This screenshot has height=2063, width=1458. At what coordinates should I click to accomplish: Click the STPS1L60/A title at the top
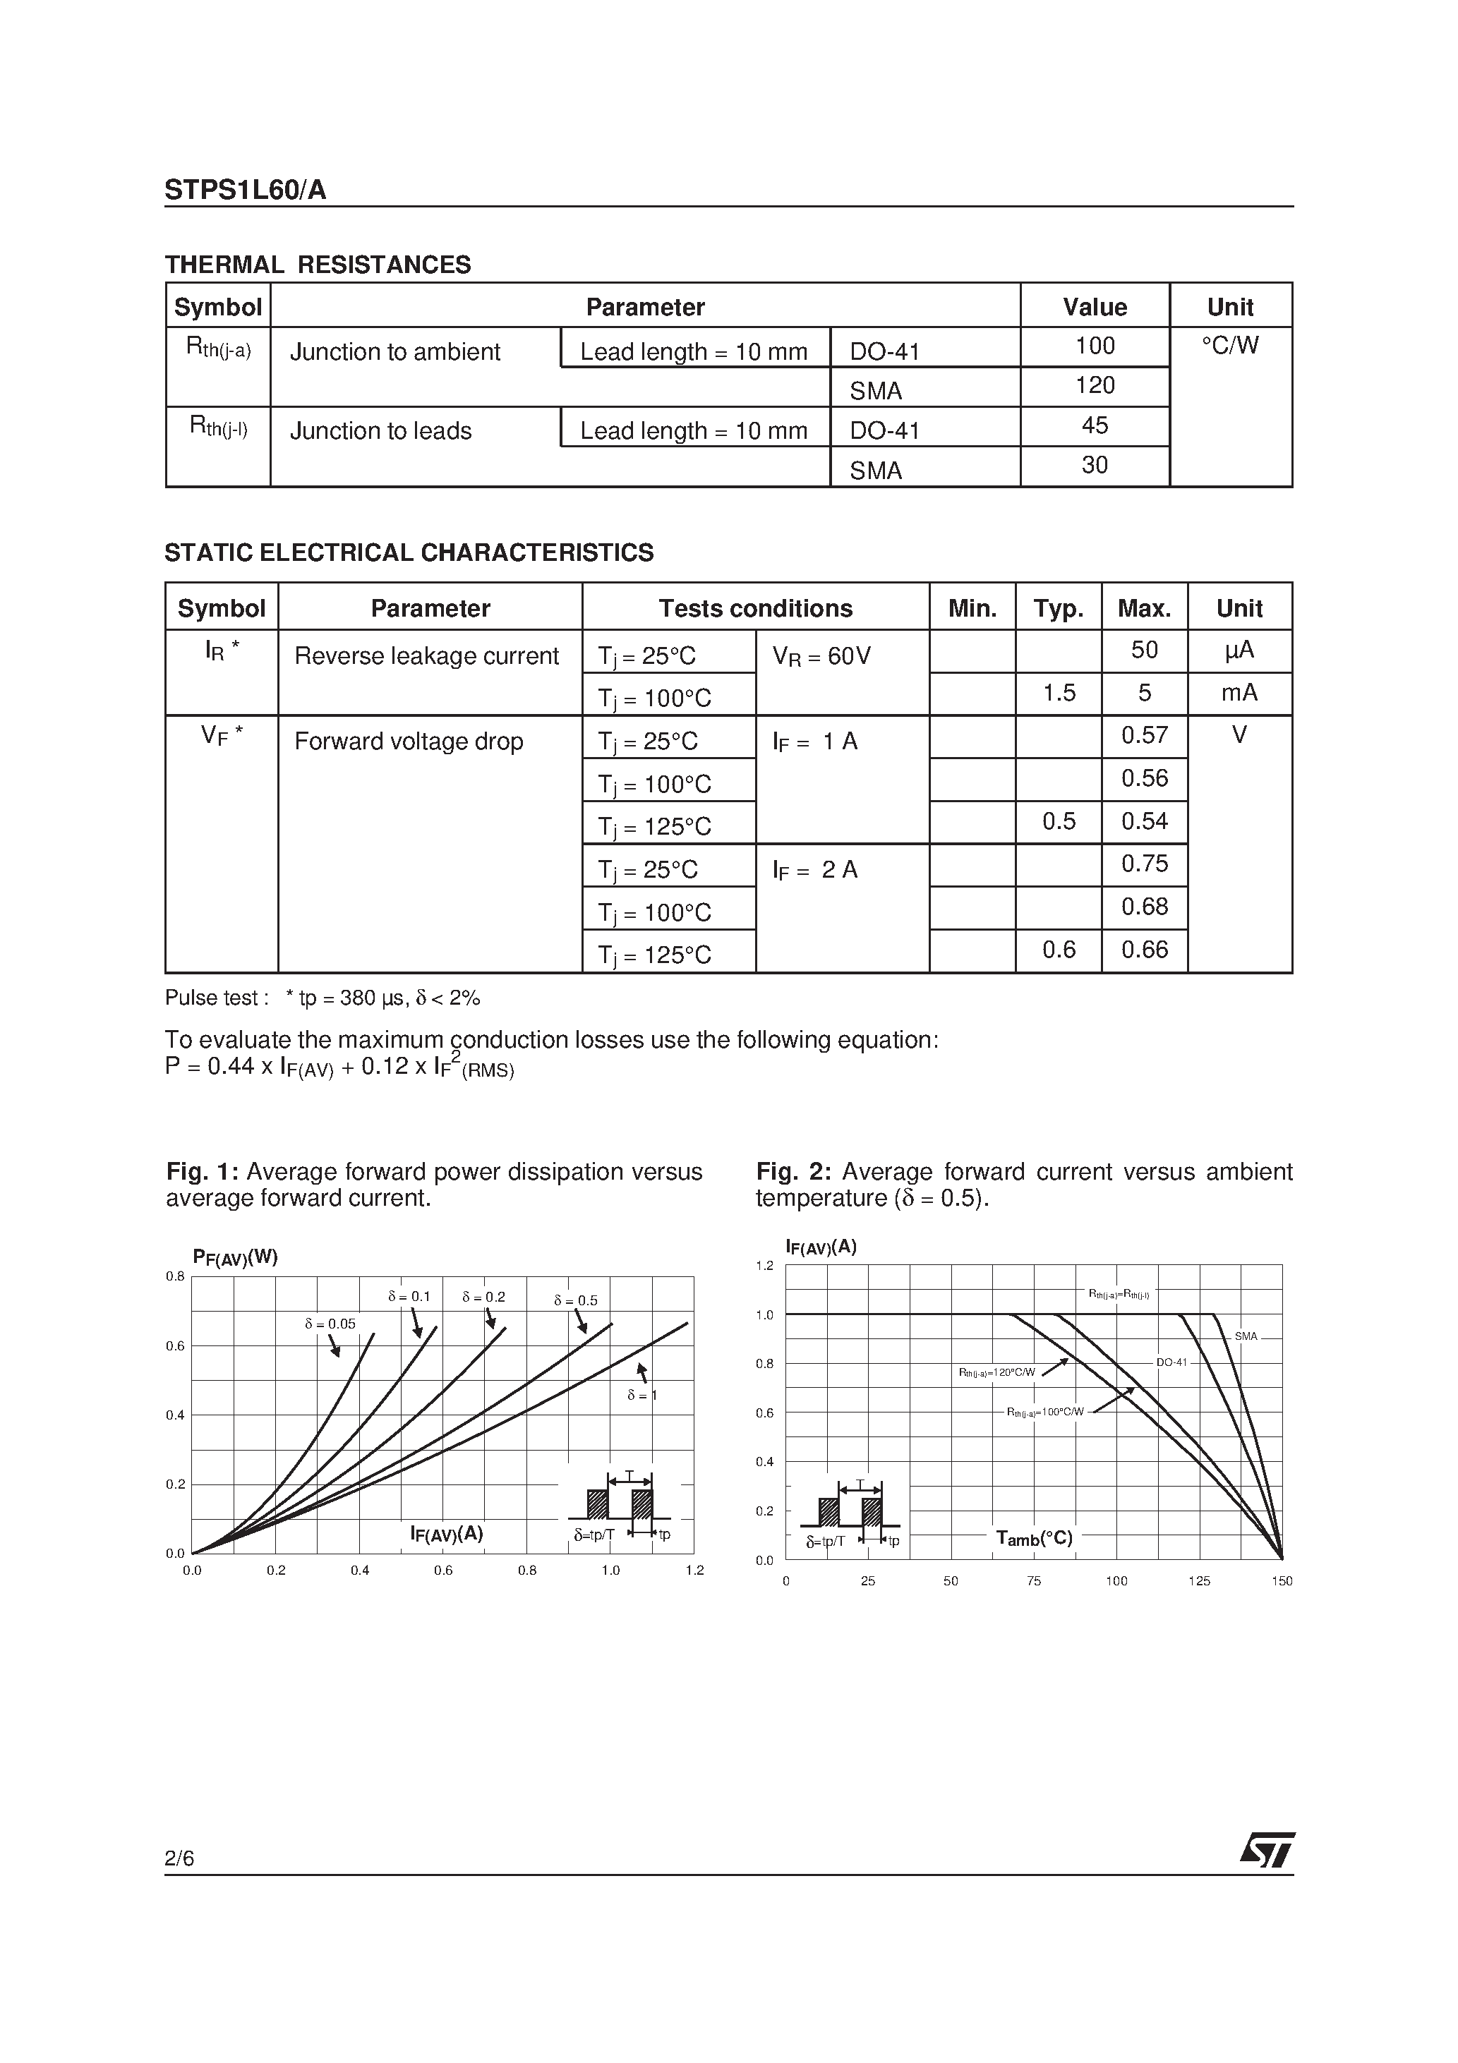tap(246, 190)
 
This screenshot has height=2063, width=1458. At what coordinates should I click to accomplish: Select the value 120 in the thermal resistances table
tap(1094, 385)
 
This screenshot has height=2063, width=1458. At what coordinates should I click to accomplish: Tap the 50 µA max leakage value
tap(1143, 650)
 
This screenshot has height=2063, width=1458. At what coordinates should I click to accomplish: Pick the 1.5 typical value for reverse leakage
tap(1058, 693)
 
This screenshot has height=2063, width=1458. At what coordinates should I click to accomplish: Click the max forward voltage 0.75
tap(1143, 864)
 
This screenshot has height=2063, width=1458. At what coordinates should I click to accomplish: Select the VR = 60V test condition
tap(821, 656)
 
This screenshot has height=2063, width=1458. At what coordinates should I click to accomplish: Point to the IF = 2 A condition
tap(814, 870)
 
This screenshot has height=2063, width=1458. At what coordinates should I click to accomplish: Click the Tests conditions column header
tap(755, 608)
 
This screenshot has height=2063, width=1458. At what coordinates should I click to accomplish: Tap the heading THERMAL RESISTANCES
tap(318, 265)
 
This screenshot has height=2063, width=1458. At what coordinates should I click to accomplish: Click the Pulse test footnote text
tap(322, 998)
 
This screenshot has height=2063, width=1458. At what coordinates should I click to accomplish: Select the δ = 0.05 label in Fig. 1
tap(330, 1324)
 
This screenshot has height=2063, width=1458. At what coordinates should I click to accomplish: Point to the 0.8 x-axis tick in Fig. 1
tap(526, 1571)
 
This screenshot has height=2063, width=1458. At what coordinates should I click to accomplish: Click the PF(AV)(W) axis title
tap(236, 1257)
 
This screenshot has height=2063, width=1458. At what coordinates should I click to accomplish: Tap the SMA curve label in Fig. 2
tap(1246, 1337)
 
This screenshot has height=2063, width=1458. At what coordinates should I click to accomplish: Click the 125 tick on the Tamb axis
tap(1199, 1581)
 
